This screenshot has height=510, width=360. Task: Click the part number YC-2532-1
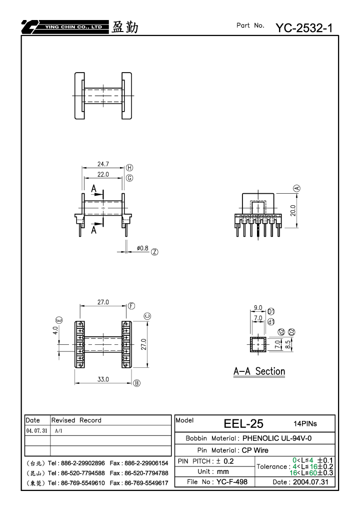pyautogui.click(x=304, y=28)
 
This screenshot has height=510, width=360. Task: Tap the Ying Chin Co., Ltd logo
pyautogui.click(x=65, y=27)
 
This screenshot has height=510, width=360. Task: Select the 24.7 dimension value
pyautogui.click(x=103, y=164)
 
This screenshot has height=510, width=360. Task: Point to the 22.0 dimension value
pyautogui.click(x=103, y=174)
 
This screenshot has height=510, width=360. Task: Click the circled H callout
pyautogui.click(x=129, y=168)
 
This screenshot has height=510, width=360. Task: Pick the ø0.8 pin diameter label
pyautogui.click(x=142, y=248)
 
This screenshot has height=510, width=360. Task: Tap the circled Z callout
pyautogui.click(x=154, y=252)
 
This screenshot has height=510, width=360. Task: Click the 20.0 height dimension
pyautogui.click(x=293, y=210)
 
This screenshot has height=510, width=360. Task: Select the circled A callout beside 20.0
pyautogui.click(x=296, y=188)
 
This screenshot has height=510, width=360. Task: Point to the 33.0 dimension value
pyautogui.click(x=103, y=379)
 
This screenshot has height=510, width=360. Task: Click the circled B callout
pyautogui.click(x=137, y=383)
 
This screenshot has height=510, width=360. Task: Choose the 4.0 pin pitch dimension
pyautogui.click(x=55, y=330)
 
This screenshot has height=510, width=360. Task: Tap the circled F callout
pyautogui.click(x=131, y=306)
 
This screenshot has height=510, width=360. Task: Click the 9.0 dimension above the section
pyautogui.click(x=258, y=308)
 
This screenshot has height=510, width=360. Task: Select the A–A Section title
pyautogui.click(x=259, y=371)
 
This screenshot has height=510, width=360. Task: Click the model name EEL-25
pyautogui.click(x=243, y=423)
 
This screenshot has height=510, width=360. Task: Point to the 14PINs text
pyautogui.click(x=305, y=423)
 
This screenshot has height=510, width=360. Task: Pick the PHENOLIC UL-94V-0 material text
pyautogui.click(x=277, y=438)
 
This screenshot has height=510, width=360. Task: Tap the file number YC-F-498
pyautogui.click(x=232, y=481)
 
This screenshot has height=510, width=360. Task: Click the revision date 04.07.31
pyautogui.click(x=36, y=430)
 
